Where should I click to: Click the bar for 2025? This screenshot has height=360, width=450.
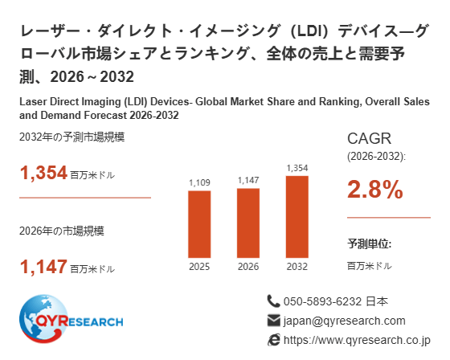[199, 224]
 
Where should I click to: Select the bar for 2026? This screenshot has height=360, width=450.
[248, 223]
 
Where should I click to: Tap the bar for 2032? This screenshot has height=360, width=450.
[297, 217]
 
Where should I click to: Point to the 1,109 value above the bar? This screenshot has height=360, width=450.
[199, 182]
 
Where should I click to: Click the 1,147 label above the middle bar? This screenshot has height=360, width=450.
[248, 180]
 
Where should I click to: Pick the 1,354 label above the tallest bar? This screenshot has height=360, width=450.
[297, 168]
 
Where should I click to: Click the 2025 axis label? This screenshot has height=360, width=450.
[199, 267]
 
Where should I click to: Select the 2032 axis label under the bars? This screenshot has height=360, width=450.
[297, 267]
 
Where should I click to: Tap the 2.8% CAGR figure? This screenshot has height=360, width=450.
[375, 189]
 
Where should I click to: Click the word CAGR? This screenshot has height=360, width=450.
[369, 139]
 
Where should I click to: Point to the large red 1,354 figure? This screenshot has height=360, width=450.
[43, 173]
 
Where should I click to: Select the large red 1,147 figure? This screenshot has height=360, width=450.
[43, 267]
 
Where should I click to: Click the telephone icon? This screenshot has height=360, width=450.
[273, 301]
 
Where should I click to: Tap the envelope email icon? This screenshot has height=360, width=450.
[273, 321]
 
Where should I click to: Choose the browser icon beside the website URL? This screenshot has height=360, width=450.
[273, 340]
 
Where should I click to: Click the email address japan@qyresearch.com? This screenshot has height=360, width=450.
[345, 321]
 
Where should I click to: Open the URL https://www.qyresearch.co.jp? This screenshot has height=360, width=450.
[357, 340]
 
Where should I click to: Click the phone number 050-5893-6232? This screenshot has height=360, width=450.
[322, 301]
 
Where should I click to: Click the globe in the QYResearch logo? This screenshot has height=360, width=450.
[43, 319]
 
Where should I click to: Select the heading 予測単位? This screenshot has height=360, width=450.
[370, 243]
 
